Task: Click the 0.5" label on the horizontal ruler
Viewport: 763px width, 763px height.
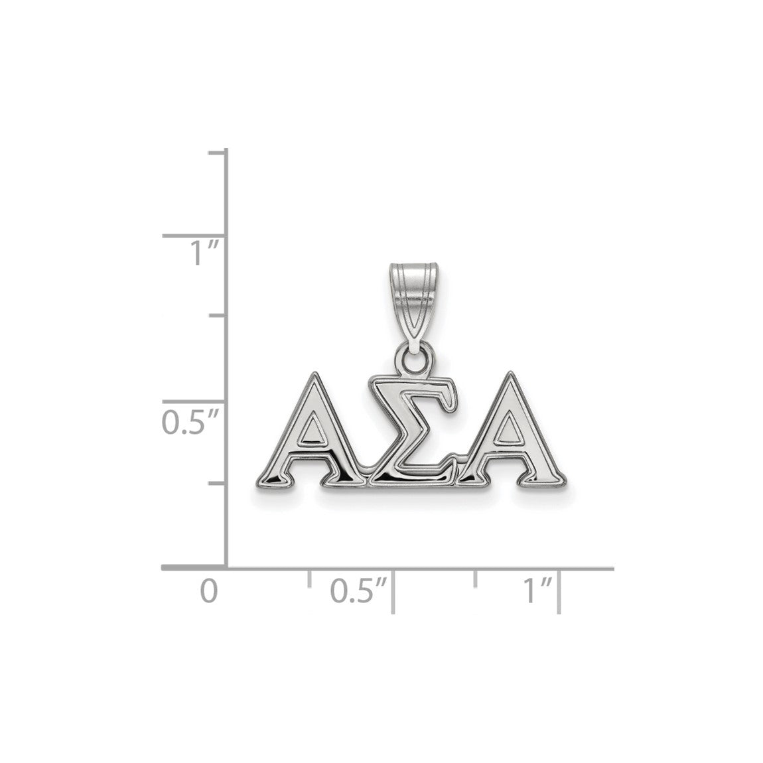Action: point(359,590)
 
